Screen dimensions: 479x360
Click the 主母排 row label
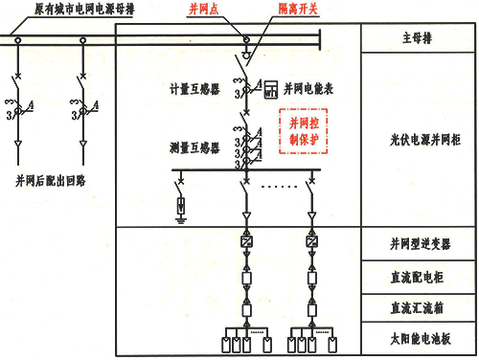[x=418, y=39]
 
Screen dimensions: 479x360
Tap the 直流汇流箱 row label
[x=418, y=307]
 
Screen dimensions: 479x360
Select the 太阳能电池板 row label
[x=418, y=338]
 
